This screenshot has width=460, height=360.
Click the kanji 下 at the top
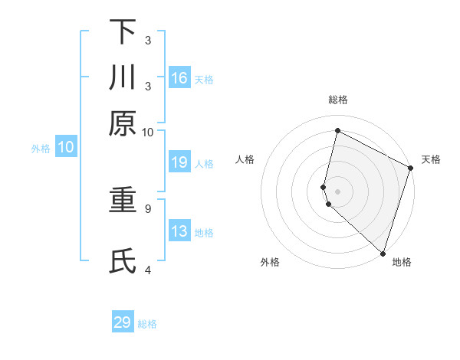coord(123,33)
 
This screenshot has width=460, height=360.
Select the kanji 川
coord(123,78)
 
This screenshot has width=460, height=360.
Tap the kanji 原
coord(123,123)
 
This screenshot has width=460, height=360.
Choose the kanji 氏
coord(123,261)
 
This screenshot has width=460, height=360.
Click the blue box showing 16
coord(179,77)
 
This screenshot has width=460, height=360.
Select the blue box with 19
coord(179,162)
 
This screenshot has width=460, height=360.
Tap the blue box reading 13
coord(179,231)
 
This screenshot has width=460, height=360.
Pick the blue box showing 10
coord(66,147)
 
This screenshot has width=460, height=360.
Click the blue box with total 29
coord(123,322)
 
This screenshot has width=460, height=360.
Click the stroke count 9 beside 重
coord(148,208)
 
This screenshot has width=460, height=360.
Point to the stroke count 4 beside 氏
coord(148,269)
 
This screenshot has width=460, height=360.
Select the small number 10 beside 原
coord(148,132)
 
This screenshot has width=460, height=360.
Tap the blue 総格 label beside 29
coord(148,324)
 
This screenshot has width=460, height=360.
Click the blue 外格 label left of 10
coord(41,149)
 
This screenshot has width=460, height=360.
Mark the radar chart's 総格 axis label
coord(337,100)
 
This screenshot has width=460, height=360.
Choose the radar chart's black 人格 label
coord(245,159)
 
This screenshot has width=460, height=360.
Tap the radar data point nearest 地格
coord(382,253)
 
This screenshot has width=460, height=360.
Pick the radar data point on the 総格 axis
coord(337,131)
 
